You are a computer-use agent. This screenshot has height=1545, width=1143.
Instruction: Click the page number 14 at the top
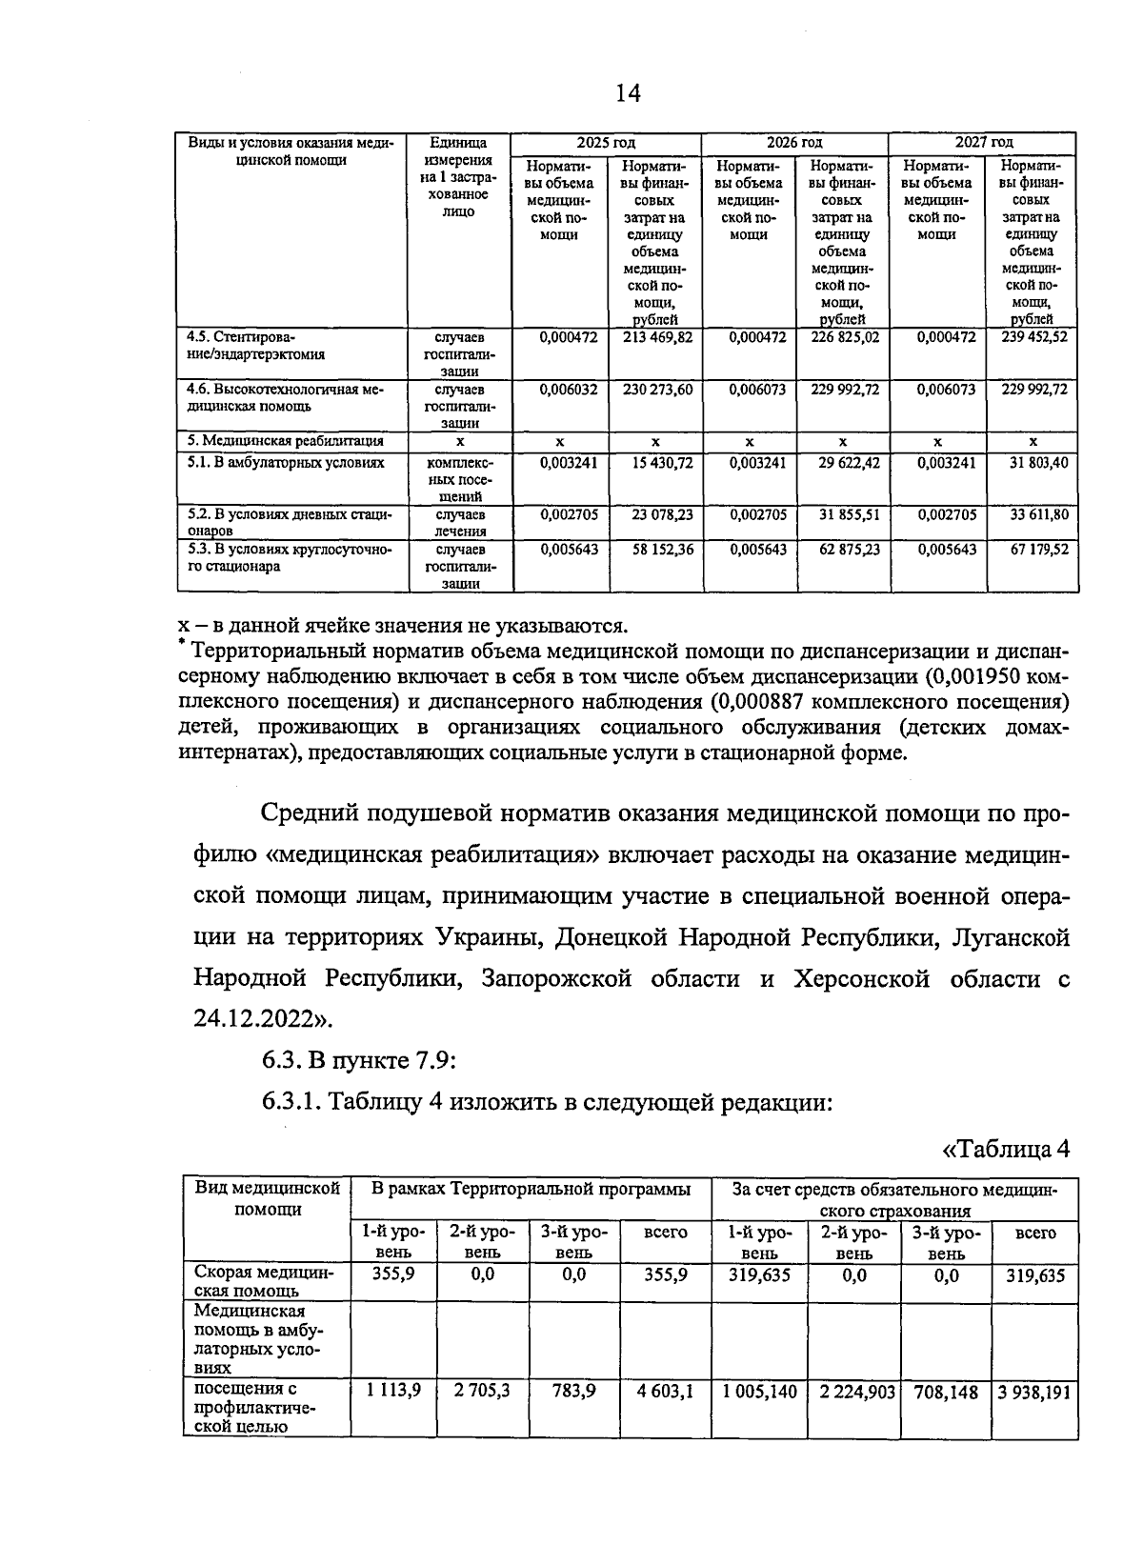[x=628, y=92]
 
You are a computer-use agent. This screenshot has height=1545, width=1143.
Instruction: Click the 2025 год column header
[x=606, y=142]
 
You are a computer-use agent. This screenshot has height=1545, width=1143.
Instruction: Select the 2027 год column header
[x=984, y=142]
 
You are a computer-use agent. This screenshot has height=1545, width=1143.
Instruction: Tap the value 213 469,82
[x=657, y=337]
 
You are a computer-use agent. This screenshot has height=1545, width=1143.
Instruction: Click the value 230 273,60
[x=657, y=390]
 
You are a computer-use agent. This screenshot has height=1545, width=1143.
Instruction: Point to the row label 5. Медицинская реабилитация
[x=286, y=441]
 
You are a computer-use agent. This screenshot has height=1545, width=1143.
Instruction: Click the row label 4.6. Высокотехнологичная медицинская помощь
[x=284, y=398]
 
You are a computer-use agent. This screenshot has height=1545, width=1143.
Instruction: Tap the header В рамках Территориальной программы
[x=531, y=1190]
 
